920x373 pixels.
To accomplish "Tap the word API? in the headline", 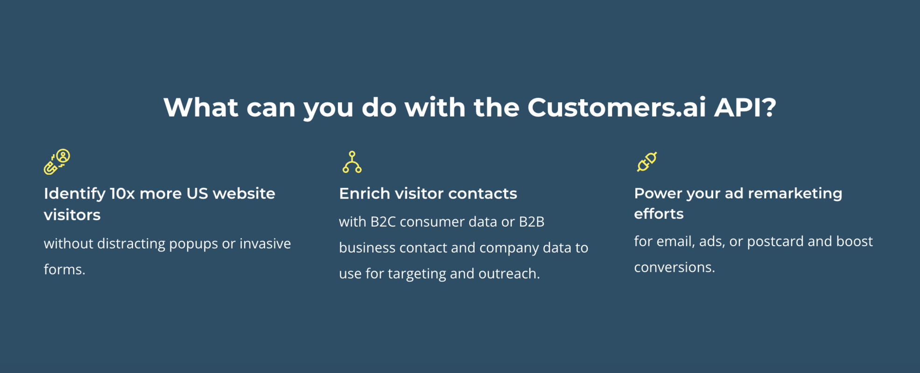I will pyautogui.click(x=745, y=108).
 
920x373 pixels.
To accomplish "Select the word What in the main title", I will pyautogui.click(x=201, y=108).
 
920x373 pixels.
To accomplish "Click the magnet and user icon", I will pyautogui.click(x=57, y=162).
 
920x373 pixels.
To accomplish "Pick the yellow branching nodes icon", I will pyautogui.click(x=352, y=162).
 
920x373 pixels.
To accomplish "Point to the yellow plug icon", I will pyautogui.click(x=647, y=162).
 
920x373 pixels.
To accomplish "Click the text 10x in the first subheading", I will pyautogui.click(x=122, y=193).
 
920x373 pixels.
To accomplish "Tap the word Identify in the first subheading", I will pyautogui.click(x=75, y=193).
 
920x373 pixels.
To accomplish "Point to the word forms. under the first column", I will pyautogui.click(x=64, y=269).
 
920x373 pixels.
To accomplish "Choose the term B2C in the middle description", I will pyautogui.click(x=383, y=222).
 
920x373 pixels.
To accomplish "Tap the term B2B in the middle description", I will pyautogui.click(x=532, y=222).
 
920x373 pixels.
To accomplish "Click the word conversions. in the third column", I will pyautogui.click(x=674, y=267).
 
